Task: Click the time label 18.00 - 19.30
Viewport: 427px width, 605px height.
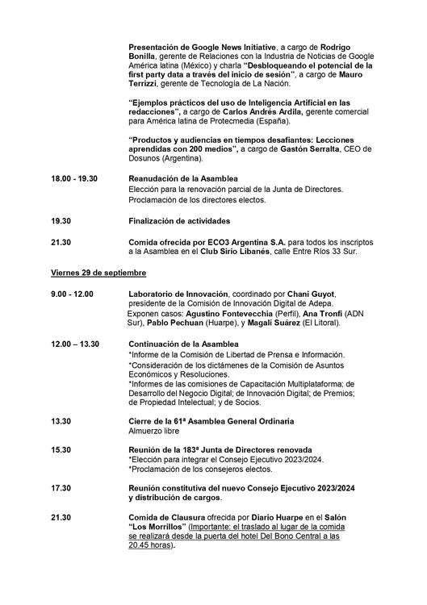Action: tap(74, 177)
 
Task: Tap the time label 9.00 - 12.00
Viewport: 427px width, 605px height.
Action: tap(72, 293)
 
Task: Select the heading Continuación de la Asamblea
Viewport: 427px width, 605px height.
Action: tap(184, 344)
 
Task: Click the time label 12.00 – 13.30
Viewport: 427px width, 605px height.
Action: tap(75, 344)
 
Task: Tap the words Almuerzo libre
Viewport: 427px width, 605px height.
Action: tap(156, 431)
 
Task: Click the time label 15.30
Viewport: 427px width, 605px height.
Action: tap(61, 449)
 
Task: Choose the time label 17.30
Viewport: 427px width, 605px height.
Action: tap(61, 488)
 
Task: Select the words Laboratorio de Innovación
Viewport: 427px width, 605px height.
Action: tap(178, 293)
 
